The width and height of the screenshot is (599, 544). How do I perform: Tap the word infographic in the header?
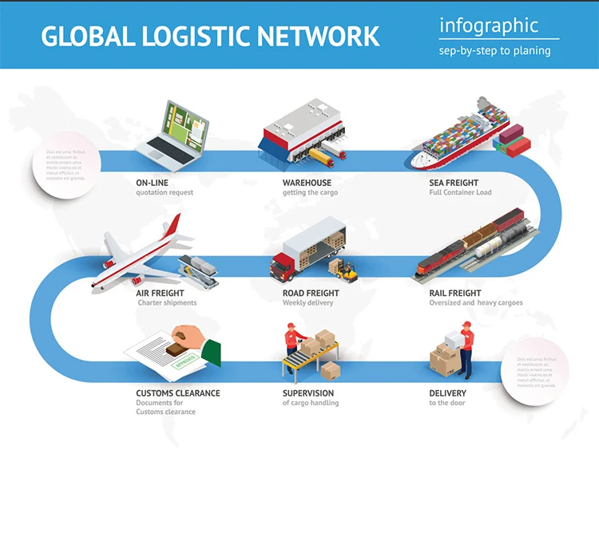[x=488, y=26]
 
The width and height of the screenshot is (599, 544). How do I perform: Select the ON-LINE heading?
[x=152, y=183]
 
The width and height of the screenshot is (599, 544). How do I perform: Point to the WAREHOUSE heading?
[x=307, y=183]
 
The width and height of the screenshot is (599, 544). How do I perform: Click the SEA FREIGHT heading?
[x=454, y=183]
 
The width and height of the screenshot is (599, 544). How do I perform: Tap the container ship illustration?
[x=463, y=136]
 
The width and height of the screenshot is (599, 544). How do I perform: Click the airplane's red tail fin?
[x=170, y=227]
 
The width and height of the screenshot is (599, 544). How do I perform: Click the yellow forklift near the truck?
[x=346, y=270]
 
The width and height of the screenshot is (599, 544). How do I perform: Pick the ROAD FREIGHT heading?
[x=311, y=293]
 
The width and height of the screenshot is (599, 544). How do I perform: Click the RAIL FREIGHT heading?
[x=455, y=293]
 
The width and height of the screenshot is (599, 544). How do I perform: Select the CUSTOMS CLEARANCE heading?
[x=177, y=393]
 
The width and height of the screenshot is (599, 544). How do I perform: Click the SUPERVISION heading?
[x=308, y=393]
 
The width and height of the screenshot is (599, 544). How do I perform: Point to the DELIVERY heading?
[x=447, y=393]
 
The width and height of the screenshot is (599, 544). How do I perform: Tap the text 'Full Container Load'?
[x=460, y=193]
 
